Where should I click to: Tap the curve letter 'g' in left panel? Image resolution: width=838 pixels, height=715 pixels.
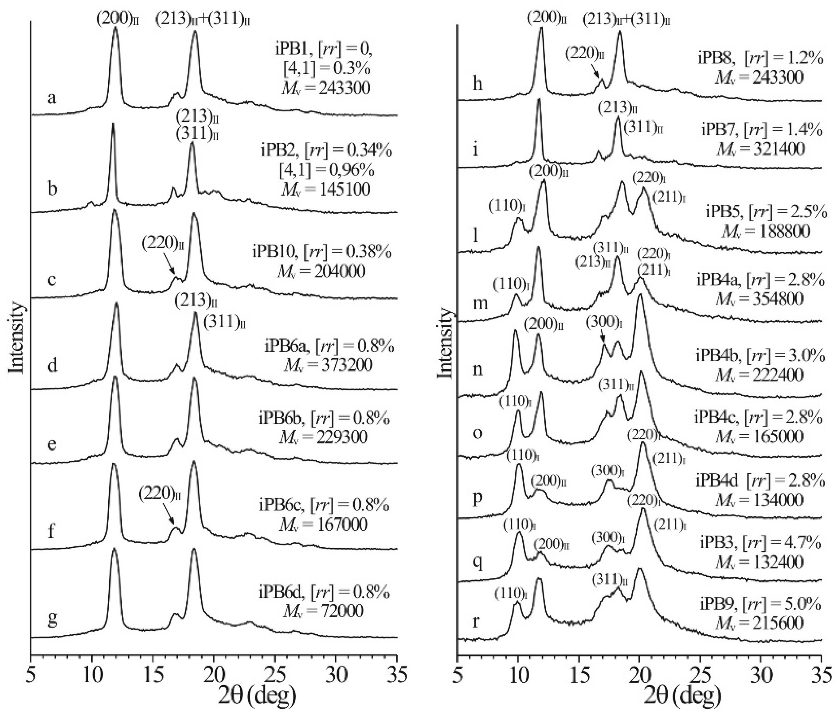(x=52, y=619)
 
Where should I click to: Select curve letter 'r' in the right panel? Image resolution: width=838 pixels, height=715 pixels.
(x=476, y=621)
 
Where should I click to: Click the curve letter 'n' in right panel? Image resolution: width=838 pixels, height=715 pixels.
(x=478, y=370)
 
